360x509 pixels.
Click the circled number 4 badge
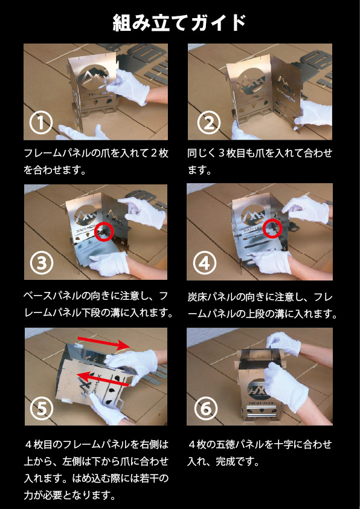[205, 262]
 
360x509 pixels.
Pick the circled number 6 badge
[205, 409]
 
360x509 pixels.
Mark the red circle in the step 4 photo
[272, 228]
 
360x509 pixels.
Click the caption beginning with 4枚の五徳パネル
[260, 453]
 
